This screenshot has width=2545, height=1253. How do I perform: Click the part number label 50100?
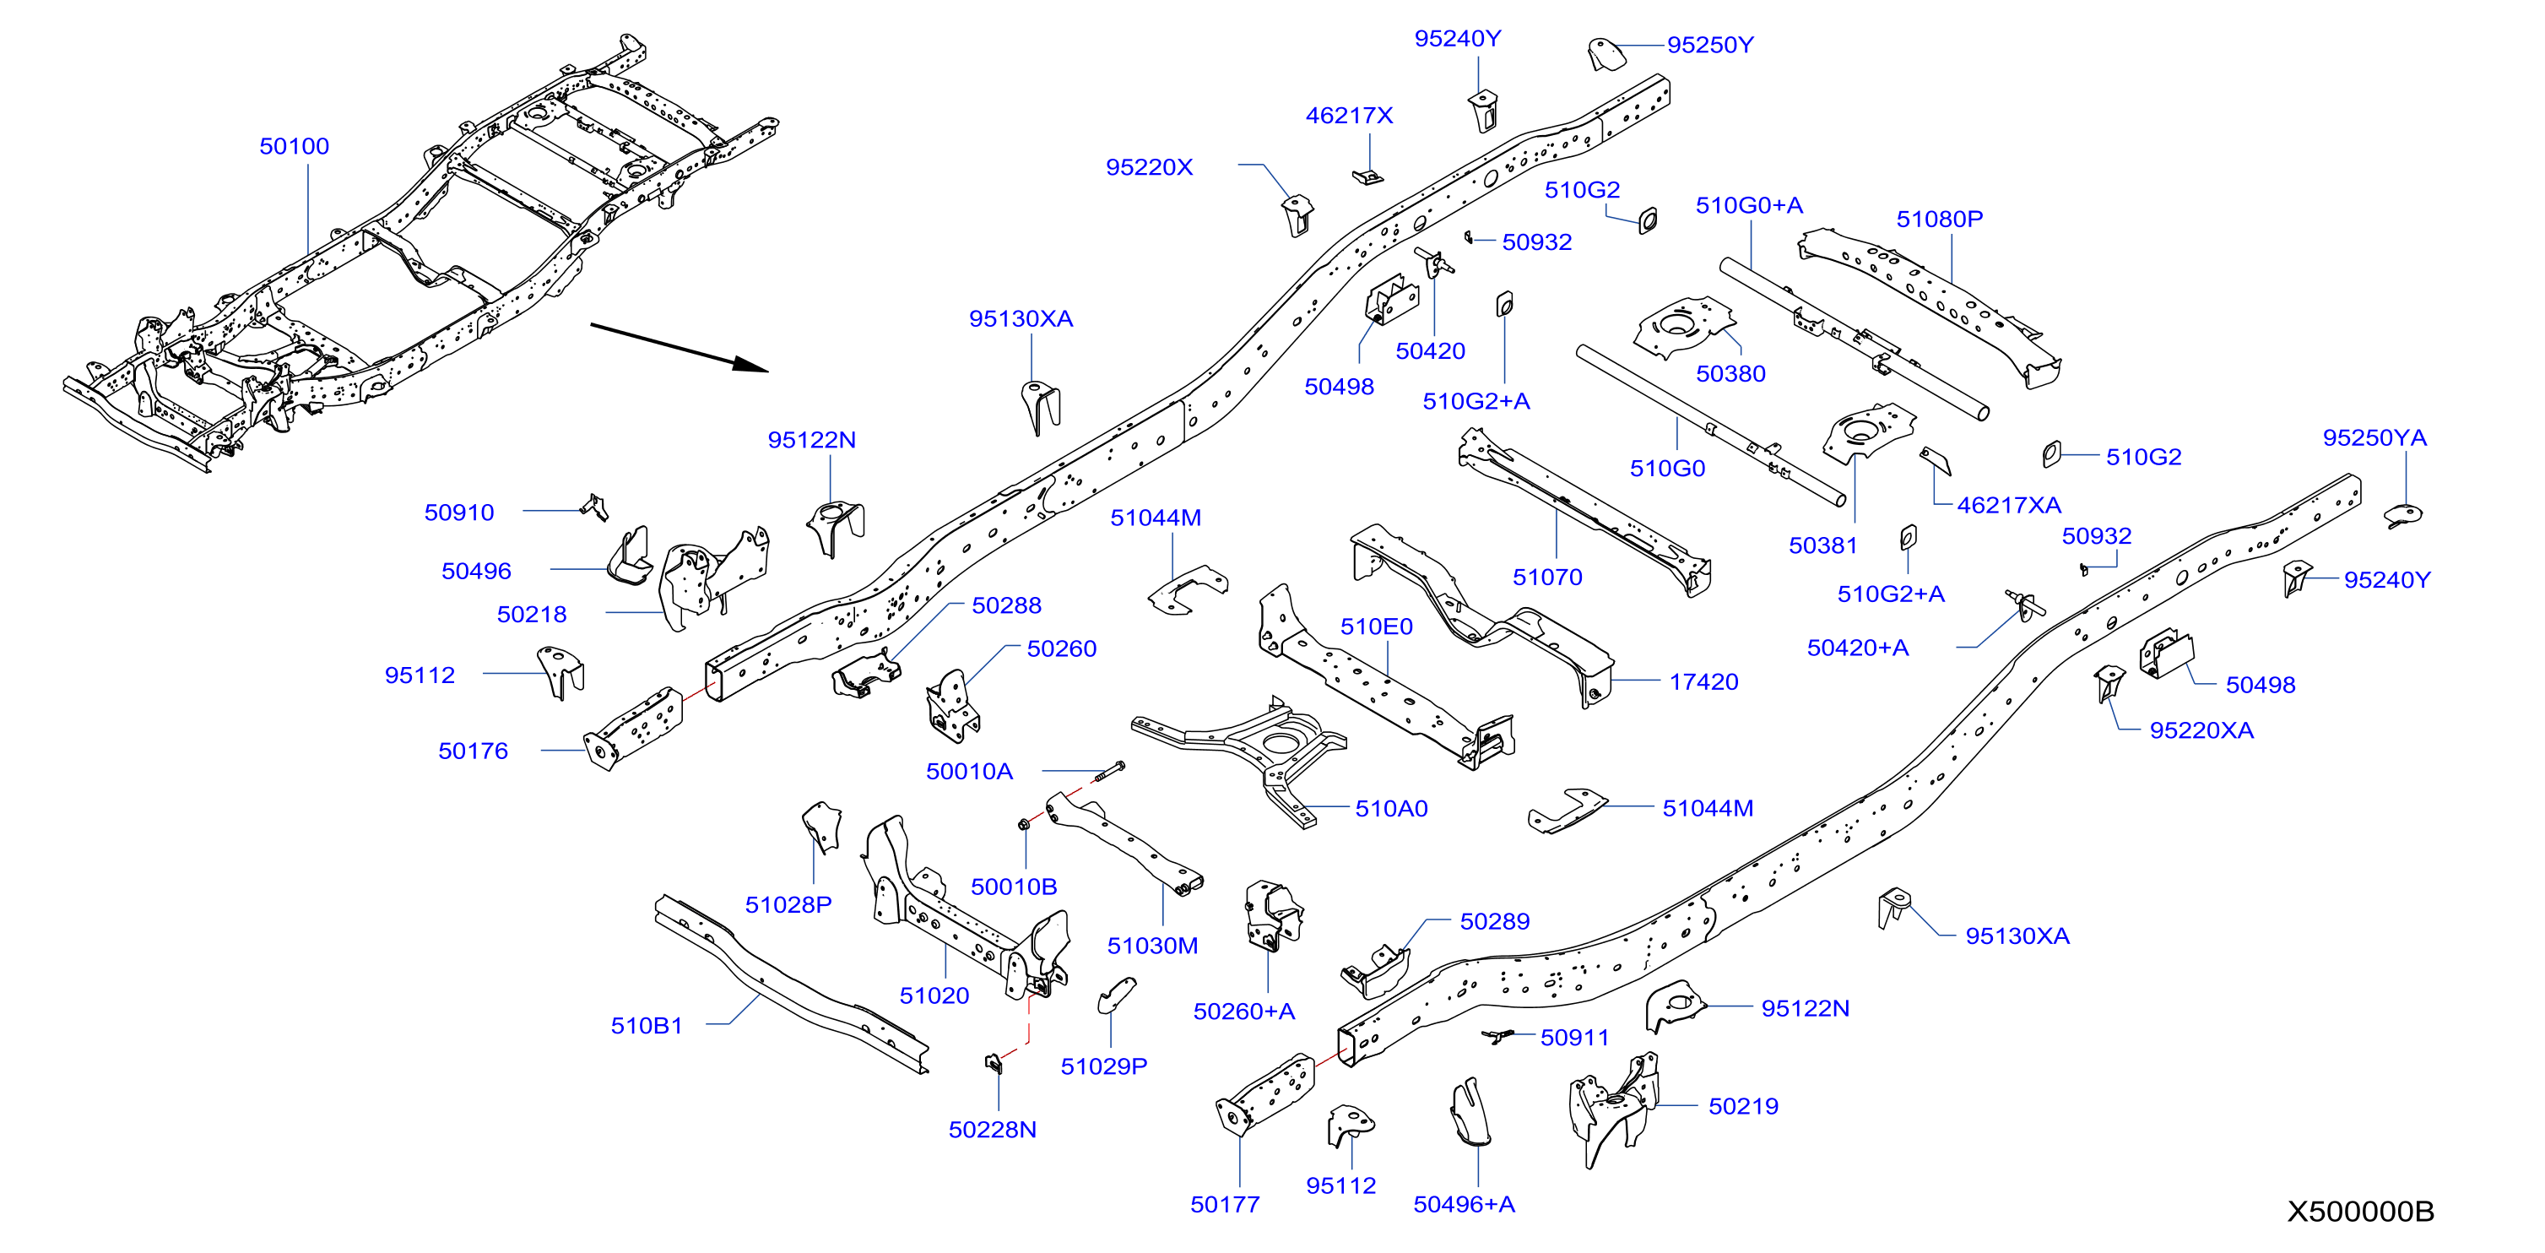point(295,146)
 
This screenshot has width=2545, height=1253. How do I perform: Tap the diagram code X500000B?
point(2360,1212)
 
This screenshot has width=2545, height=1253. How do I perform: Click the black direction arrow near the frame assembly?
point(680,348)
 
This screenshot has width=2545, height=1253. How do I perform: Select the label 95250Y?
point(1710,46)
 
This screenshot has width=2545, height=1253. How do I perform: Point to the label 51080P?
point(1940,220)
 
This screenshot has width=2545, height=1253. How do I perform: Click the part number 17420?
point(1704,682)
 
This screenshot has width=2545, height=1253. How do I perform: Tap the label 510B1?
point(647,1026)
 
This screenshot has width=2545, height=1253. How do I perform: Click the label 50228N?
point(993,1130)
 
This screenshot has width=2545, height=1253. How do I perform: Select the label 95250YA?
point(2375,437)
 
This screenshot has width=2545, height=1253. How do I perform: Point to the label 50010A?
point(969,772)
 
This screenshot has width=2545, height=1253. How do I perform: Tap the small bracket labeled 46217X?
point(1368,176)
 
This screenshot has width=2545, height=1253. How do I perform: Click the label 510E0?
point(1376,626)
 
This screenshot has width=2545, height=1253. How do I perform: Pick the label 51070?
point(1547,577)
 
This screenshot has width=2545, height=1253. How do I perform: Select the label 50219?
point(1744,1107)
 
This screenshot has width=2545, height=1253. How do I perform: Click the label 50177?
point(1225,1205)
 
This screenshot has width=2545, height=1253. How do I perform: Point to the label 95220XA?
point(2202,730)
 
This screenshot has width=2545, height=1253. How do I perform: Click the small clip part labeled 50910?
point(595,507)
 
